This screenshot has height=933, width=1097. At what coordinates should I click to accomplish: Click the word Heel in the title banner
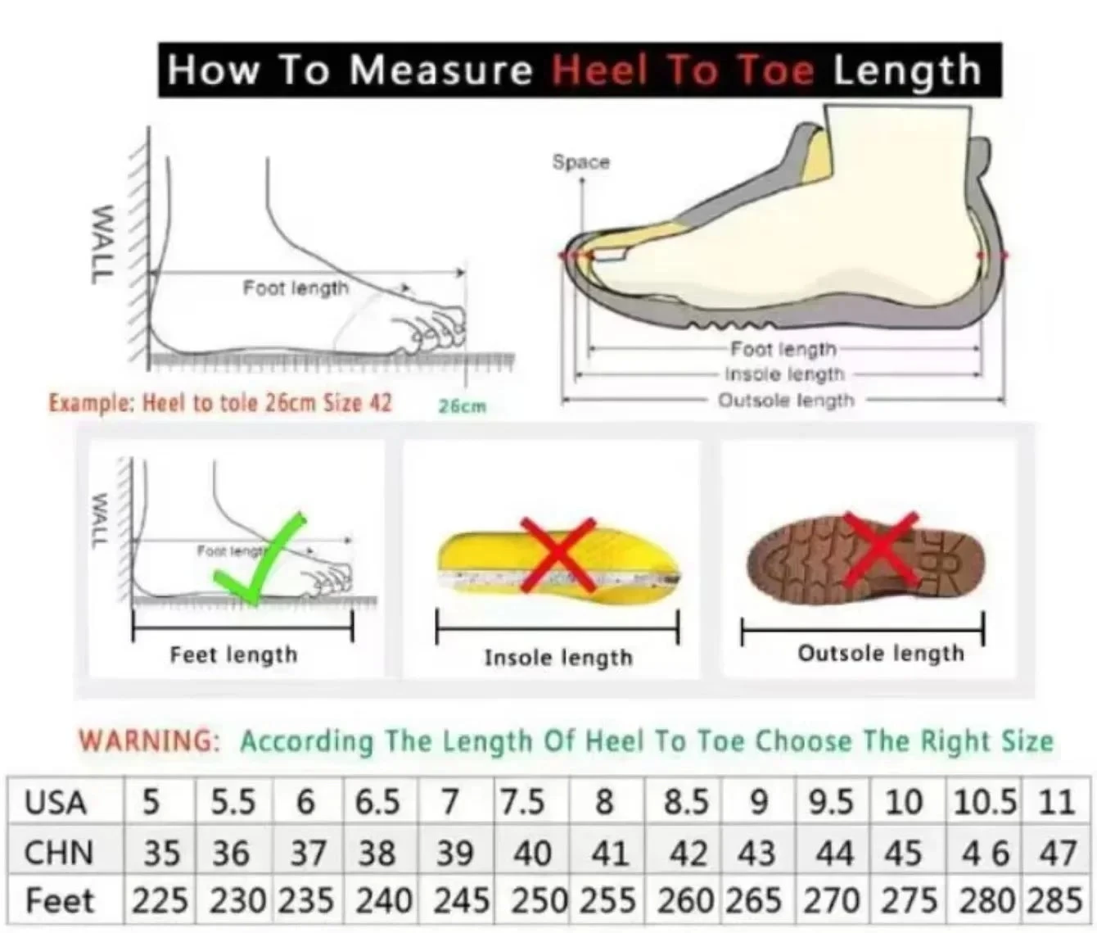(x=600, y=70)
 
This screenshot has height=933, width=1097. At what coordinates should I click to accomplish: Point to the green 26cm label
(x=462, y=406)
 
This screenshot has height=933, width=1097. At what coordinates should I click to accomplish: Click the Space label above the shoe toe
(x=580, y=162)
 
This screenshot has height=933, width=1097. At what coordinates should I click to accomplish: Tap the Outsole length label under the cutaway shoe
(x=786, y=401)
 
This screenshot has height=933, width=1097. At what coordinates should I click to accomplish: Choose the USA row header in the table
(x=56, y=803)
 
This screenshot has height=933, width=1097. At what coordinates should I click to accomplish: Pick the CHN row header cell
(x=58, y=853)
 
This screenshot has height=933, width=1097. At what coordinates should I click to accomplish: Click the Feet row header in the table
(x=60, y=901)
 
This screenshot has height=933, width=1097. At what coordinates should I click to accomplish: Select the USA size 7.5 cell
(x=523, y=802)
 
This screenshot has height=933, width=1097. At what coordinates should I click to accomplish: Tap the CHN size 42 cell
(x=688, y=854)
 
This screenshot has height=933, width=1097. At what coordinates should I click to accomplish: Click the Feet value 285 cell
(x=1055, y=901)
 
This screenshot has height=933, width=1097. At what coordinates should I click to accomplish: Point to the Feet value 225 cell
(x=160, y=901)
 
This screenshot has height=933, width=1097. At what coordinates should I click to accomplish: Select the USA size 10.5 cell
(x=984, y=802)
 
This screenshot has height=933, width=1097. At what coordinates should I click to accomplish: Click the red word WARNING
(x=149, y=741)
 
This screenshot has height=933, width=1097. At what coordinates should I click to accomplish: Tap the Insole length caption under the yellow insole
(x=558, y=658)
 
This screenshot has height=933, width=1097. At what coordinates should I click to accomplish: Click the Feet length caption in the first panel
(x=233, y=654)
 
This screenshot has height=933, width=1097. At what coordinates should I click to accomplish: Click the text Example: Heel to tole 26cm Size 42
(x=220, y=403)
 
